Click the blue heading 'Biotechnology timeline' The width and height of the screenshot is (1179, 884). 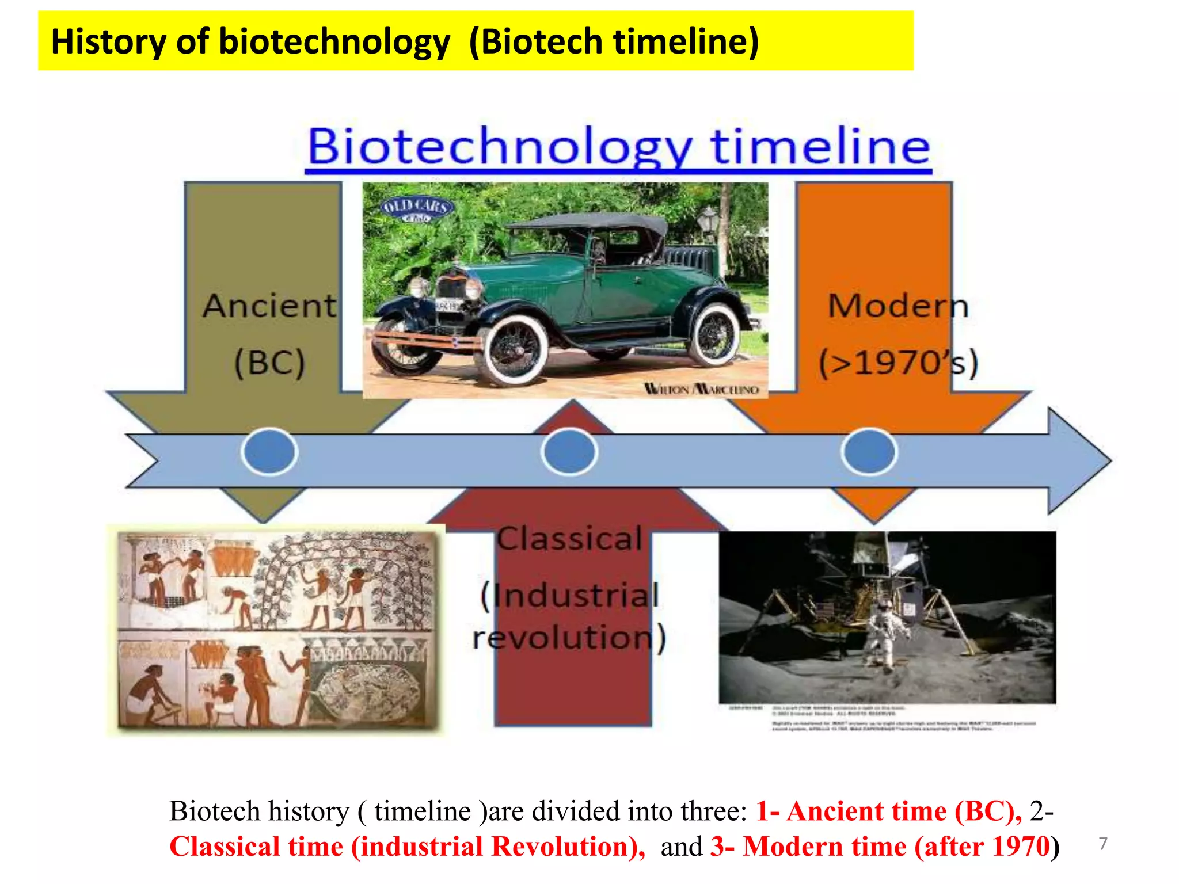[618, 147]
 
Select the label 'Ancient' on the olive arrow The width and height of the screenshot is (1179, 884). [269, 306]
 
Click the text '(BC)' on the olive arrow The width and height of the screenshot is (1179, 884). [269, 363]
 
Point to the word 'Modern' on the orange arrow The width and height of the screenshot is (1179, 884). [897, 306]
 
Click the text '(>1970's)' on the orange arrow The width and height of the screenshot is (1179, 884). [897, 363]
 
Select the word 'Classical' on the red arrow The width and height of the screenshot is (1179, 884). [569, 539]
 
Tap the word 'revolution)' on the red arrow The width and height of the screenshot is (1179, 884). [569, 638]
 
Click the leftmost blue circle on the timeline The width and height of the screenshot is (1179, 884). [269, 451]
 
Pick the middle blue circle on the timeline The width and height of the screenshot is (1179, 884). [569, 451]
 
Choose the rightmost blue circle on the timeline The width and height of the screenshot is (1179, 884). [869, 451]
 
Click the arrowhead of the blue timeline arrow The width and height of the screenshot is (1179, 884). [1077, 460]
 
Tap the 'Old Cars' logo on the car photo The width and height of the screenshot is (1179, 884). [417, 209]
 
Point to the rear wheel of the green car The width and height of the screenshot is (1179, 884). [714, 334]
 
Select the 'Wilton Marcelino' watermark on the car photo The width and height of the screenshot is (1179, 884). [701, 389]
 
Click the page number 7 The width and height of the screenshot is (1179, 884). [1102, 843]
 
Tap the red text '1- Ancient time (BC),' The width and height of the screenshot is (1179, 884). [888, 811]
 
